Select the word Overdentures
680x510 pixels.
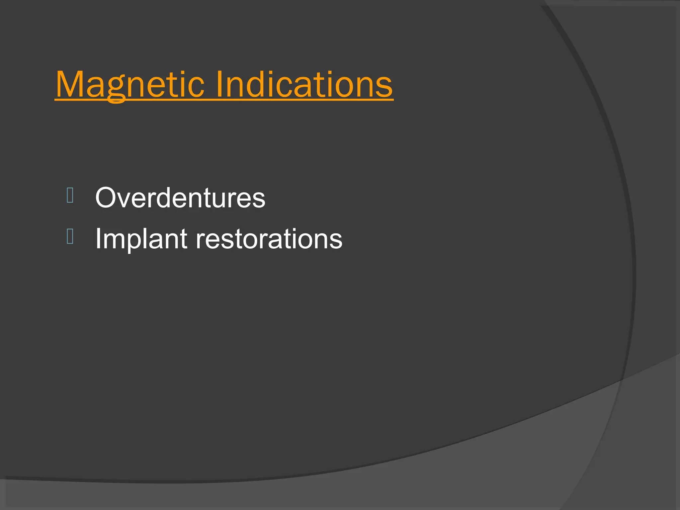pyautogui.click(x=180, y=198)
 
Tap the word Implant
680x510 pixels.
pyautogui.click(x=141, y=239)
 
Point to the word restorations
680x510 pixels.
pyautogui.click(x=269, y=239)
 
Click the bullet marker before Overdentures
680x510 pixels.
pyautogui.click(x=70, y=195)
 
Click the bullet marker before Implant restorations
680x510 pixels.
pyautogui.click(x=70, y=236)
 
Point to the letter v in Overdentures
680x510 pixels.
pyautogui.click(x=124, y=201)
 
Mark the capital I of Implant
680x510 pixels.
pyautogui.click(x=98, y=239)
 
